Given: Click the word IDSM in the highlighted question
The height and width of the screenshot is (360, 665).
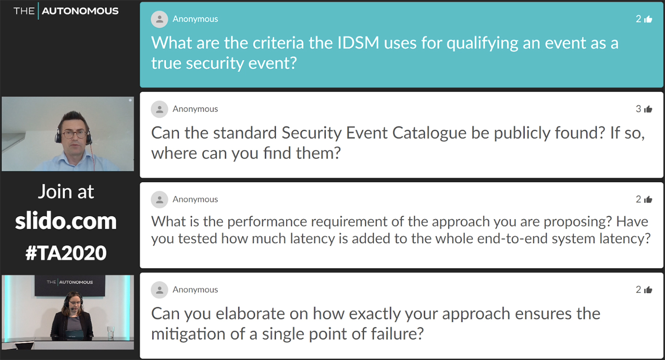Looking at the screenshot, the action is pyautogui.click(x=358, y=43).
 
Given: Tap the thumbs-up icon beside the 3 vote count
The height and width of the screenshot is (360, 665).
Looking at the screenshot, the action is pyautogui.click(x=648, y=110).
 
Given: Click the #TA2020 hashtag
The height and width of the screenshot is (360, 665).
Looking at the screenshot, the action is pyautogui.click(x=66, y=253).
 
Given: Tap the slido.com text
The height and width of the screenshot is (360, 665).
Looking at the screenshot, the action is pyautogui.click(x=66, y=221).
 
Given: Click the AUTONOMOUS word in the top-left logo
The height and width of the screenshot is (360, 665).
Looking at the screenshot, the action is pyautogui.click(x=80, y=11).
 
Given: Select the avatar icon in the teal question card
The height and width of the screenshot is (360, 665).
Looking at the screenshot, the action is pyautogui.click(x=159, y=19).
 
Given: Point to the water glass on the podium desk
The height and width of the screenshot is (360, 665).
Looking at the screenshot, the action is pyautogui.click(x=111, y=332).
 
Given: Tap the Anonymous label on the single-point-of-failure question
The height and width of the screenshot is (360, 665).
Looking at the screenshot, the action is pyautogui.click(x=195, y=290).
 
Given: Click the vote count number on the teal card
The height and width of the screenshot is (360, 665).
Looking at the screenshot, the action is pyautogui.click(x=638, y=19).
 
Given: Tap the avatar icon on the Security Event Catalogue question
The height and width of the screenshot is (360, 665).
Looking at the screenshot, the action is pyautogui.click(x=159, y=110).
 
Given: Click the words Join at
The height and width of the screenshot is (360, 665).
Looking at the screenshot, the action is pyautogui.click(x=66, y=192).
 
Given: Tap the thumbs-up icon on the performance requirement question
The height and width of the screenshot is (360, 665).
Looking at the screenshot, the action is pyautogui.click(x=648, y=199).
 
